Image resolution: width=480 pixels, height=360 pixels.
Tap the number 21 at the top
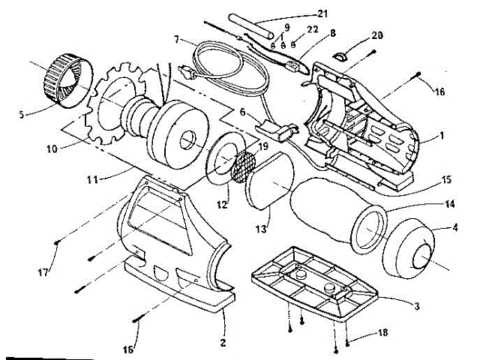coord(303,15)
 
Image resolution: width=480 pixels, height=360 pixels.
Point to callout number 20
coord(376,34)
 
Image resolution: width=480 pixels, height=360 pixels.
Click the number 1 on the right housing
coord(442,137)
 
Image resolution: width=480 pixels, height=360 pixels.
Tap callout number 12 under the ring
coord(223,203)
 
